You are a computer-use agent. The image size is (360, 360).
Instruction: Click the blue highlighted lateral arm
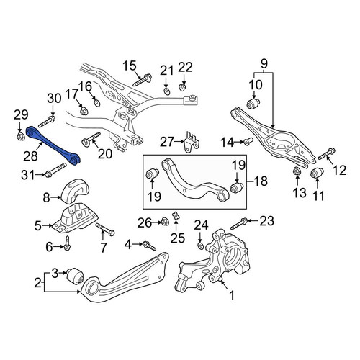pyautogui.click(x=53, y=145)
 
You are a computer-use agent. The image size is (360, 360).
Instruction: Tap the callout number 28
pyautogui.click(x=30, y=156)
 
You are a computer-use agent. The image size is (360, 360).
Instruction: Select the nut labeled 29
pyautogui.click(x=21, y=137)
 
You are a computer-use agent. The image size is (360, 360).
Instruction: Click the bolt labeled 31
pyautogui.click(x=55, y=170)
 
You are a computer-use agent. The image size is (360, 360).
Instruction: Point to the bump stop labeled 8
pyautogui.click(x=74, y=192)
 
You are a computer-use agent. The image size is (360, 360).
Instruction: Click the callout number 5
pyautogui.click(x=37, y=226)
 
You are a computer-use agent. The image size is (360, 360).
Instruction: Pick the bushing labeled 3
pyautogui.click(x=75, y=276)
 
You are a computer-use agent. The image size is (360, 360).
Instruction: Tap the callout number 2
pyautogui.click(x=37, y=283)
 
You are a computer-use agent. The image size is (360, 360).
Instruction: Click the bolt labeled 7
pyautogui.click(x=105, y=229)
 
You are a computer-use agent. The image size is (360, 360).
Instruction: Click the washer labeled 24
pyautogui.click(x=200, y=246)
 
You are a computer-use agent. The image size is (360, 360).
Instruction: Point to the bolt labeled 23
pyautogui.click(x=239, y=223)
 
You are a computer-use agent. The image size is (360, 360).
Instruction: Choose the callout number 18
pyautogui.click(x=261, y=181)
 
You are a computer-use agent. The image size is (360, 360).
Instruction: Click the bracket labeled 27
pyautogui.click(x=192, y=142)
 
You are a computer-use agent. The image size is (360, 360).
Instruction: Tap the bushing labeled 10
pyautogui.click(x=253, y=103)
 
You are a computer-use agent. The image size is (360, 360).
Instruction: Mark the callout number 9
pyautogui.click(x=264, y=64)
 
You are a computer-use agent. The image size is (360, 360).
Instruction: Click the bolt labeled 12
pyautogui.click(x=327, y=154)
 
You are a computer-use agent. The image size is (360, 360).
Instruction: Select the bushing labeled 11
pyautogui.click(x=318, y=174)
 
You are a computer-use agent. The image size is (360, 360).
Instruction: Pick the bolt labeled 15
pyautogui.click(x=143, y=80)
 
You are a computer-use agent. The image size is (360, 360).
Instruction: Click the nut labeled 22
pyautogui.click(x=183, y=87)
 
